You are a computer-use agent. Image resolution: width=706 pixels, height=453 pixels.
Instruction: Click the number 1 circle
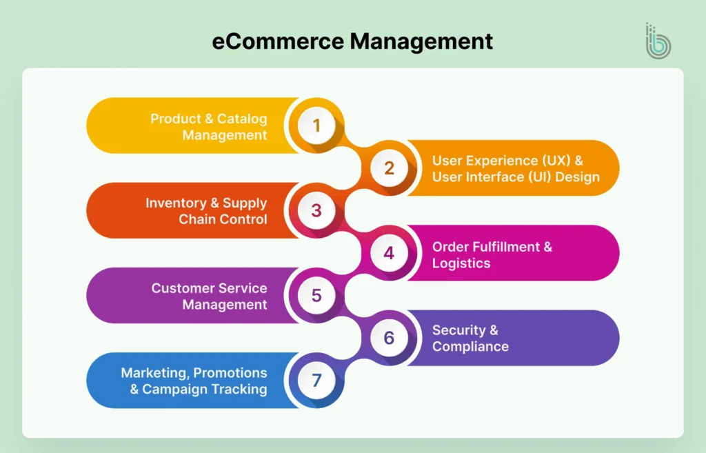[316, 125]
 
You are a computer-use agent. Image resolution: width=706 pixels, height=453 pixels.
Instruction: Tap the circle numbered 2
[390, 168]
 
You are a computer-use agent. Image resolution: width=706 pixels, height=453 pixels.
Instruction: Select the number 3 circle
[316, 210]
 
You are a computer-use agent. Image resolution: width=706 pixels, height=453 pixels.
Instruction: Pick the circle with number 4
[390, 253]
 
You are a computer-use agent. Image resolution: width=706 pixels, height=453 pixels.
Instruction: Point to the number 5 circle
[316, 295]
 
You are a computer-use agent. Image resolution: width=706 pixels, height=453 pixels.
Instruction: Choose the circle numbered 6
[390, 338]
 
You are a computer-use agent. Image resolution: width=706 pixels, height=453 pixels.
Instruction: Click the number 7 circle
[316, 380]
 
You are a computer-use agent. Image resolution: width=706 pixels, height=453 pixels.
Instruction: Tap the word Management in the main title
[422, 41]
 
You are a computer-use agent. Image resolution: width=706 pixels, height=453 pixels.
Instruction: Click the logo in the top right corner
[657, 41]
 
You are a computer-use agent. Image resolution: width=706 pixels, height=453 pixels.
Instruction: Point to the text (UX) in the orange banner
[548, 160]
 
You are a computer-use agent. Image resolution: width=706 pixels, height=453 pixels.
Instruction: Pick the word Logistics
[461, 263]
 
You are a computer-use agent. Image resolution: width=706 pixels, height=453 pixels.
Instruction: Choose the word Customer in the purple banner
[180, 288]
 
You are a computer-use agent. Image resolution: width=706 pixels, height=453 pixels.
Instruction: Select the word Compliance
[470, 346]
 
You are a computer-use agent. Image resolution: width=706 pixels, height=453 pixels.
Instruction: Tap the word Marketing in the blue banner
[154, 372]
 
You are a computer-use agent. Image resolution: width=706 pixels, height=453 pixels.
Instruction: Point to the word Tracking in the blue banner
[240, 389]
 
